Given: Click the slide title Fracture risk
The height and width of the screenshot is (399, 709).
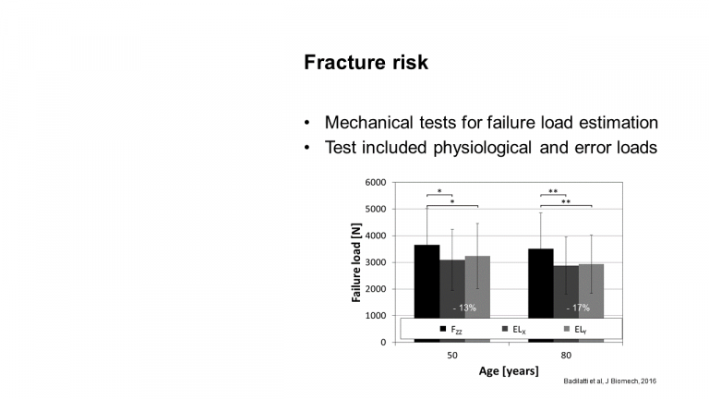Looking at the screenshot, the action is [x=366, y=63].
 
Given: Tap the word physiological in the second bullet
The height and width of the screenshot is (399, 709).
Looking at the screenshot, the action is [x=483, y=148].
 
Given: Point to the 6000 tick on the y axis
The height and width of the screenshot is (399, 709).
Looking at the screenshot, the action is [x=376, y=182].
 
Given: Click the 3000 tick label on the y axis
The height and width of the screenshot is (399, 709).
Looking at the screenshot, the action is [x=376, y=262].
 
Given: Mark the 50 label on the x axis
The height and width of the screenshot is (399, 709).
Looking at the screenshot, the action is [x=452, y=356].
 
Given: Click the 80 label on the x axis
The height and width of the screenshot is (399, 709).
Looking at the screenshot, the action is [x=566, y=356].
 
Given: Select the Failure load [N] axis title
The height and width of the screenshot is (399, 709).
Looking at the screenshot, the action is [x=356, y=262].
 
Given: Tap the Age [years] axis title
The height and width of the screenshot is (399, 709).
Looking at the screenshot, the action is [x=509, y=371].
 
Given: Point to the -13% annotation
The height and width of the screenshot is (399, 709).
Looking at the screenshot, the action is [x=464, y=308].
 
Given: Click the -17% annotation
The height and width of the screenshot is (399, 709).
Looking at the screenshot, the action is [x=578, y=308].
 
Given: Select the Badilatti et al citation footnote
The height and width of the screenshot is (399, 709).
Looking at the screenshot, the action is [x=609, y=381].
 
